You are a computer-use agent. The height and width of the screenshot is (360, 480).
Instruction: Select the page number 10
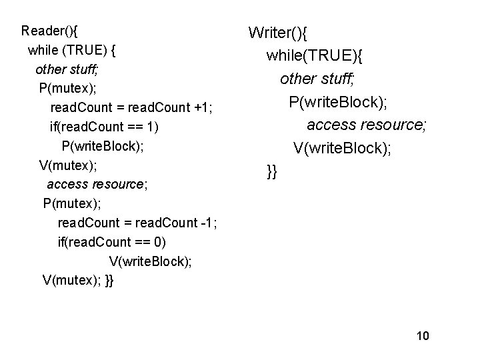coord(422,335)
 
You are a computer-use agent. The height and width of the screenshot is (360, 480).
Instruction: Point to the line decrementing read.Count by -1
coord(137,223)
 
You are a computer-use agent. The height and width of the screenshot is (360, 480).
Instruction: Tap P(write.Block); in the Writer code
coord(339,103)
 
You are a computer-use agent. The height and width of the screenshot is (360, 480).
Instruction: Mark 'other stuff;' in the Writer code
coord(318,79)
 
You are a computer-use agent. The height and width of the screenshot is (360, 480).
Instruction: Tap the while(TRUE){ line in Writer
coord(319,56)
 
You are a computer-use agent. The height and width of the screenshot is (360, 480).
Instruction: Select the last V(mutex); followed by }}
coord(78,280)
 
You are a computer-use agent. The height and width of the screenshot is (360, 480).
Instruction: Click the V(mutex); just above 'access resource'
coord(65,165)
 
